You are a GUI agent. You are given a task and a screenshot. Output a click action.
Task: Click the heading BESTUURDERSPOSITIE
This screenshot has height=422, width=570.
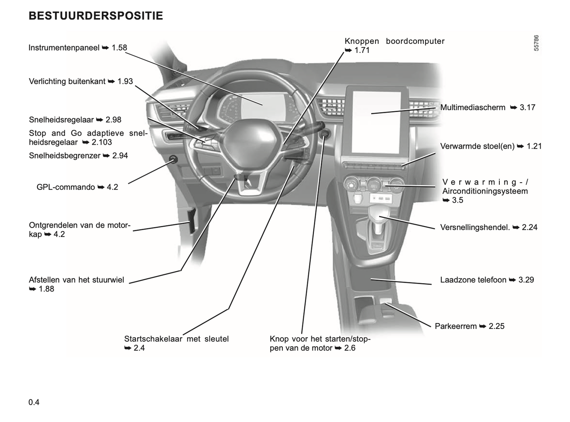[96, 16]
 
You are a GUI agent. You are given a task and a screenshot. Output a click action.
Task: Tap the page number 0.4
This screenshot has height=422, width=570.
[34, 402]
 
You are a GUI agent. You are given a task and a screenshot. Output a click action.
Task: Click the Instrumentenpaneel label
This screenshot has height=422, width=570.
[64, 48]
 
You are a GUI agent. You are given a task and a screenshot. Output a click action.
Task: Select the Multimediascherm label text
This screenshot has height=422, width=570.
[473, 107]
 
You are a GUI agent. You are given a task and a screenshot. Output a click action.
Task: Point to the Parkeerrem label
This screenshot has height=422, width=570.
[456, 326]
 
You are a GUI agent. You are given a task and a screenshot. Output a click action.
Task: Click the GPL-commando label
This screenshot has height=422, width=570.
[66, 187]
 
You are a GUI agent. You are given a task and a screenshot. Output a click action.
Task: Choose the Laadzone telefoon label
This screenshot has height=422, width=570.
[473, 280]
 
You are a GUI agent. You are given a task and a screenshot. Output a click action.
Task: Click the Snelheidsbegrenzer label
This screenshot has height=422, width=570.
[65, 155]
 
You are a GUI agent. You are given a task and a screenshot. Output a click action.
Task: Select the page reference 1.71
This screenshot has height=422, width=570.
[362, 50]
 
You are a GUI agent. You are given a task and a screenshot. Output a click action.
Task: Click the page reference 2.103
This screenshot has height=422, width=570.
[102, 142]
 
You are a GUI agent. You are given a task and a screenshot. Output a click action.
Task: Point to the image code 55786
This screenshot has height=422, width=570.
[536, 43]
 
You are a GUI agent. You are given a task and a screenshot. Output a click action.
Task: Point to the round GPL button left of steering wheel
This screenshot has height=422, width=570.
[173, 160]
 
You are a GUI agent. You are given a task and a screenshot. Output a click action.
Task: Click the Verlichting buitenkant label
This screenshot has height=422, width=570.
[67, 81]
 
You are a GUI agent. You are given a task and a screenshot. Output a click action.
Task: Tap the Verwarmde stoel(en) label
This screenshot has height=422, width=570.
[477, 146]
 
